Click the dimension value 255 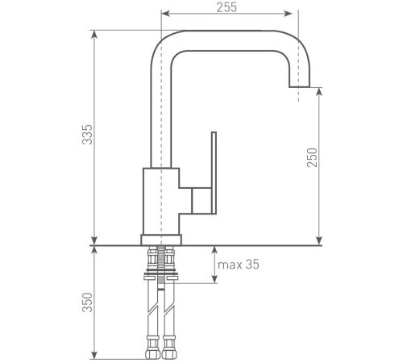[x=227, y=7]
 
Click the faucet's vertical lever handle [x=214, y=173]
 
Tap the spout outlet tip [x=299, y=83]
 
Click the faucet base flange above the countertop [x=161, y=240]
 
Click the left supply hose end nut [x=152, y=353]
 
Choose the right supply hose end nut [x=170, y=353]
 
